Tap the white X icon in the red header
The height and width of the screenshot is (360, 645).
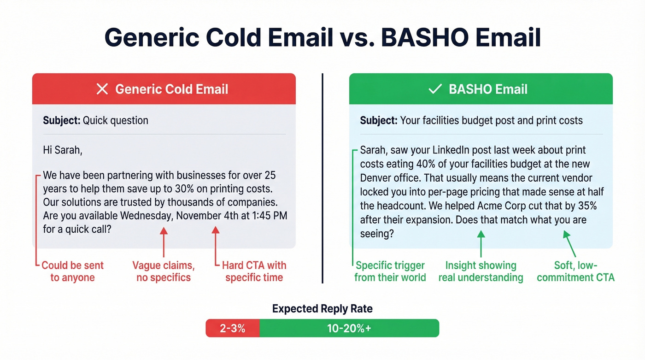point(102,89)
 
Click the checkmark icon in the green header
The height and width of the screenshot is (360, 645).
point(435,89)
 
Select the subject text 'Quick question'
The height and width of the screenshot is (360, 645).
point(115,121)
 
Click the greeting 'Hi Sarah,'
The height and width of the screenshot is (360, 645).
point(62,150)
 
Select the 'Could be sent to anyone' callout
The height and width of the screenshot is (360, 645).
point(72,271)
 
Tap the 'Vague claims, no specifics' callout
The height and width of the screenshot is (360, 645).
point(164,271)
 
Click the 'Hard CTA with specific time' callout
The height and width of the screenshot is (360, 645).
point(254,271)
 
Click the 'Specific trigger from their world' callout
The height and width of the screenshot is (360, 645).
point(390,271)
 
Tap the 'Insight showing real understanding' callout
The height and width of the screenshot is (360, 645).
point(481,271)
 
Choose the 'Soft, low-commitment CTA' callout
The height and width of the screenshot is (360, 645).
point(575,271)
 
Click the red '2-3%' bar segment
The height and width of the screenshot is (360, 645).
point(232,329)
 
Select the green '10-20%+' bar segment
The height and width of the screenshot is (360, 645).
point(349,329)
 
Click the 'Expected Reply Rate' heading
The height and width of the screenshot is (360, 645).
point(322,309)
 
